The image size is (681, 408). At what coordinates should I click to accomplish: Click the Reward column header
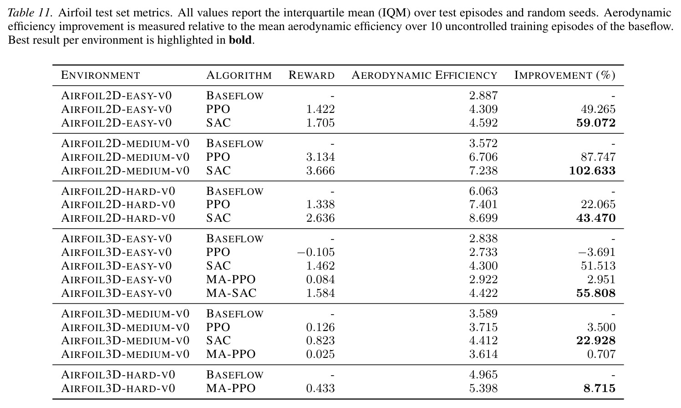311,75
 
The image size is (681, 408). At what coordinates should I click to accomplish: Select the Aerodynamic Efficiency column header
424,75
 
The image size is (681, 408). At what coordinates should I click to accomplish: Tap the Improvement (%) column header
565,75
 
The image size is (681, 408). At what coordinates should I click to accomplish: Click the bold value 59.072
596,123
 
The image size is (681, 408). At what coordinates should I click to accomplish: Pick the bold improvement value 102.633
592,171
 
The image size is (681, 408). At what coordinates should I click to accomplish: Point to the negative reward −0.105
315,252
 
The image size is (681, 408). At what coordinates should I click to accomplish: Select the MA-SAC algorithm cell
231,293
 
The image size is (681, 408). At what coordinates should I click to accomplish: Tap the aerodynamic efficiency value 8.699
483,218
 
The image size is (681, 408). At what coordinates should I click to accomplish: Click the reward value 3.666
320,171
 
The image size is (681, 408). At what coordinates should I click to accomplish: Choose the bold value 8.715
600,388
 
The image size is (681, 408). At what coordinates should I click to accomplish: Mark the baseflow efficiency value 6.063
483,191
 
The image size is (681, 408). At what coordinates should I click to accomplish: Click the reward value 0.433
320,388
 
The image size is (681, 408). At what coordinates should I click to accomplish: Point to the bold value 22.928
596,341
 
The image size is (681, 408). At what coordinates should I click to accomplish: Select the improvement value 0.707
601,354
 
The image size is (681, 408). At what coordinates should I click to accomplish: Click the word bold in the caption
240,40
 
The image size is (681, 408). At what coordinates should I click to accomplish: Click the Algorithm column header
239,75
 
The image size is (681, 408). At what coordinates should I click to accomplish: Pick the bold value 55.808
596,293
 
